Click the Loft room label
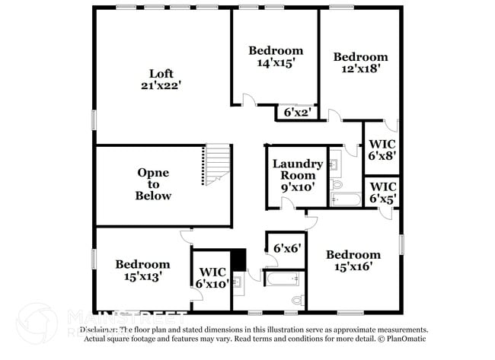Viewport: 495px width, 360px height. [x=161, y=74]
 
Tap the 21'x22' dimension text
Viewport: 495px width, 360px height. [x=161, y=86]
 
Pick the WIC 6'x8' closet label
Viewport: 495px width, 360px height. [x=382, y=149]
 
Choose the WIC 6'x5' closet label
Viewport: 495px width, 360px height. [x=382, y=192]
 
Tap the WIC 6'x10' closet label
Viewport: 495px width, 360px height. [x=212, y=278]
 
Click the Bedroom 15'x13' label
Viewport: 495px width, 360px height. [x=142, y=270]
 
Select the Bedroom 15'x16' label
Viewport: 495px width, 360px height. [x=353, y=260]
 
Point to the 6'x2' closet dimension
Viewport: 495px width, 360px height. [x=296, y=113]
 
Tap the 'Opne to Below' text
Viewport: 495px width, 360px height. [x=153, y=184]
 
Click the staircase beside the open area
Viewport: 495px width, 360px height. [x=216, y=165]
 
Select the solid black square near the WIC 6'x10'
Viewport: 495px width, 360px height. [x=239, y=260]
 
